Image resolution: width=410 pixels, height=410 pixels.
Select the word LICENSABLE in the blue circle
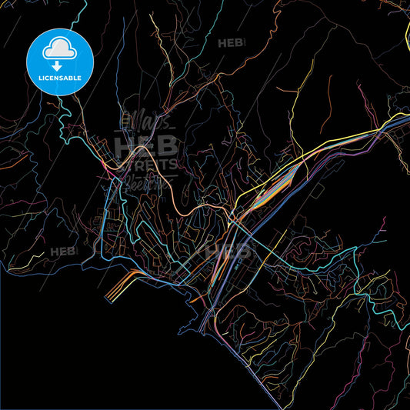click(x=59, y=78)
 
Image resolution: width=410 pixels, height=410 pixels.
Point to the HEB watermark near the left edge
click(x=63, y=252)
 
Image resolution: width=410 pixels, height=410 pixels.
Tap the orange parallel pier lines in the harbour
click(x=121, y=285)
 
